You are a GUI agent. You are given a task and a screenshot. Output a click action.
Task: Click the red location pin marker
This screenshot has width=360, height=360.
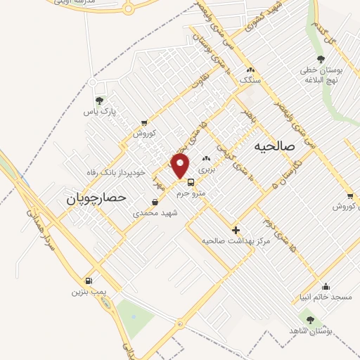181,165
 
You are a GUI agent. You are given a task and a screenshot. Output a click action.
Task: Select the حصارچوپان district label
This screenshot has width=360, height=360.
96,198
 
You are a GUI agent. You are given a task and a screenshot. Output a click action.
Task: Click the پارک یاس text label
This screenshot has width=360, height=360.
99,111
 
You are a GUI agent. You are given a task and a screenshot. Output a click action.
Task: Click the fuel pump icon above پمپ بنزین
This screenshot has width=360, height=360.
87,280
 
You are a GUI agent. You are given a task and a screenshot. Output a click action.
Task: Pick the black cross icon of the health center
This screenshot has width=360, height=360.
236,230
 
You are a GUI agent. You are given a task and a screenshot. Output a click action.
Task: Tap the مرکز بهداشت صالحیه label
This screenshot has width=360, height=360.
236,240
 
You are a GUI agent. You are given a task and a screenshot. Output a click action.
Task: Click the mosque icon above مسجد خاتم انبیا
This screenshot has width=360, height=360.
326,286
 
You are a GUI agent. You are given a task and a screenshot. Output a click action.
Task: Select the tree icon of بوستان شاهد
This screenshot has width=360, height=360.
310,320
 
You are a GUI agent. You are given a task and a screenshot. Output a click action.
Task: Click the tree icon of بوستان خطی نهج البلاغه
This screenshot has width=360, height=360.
321,60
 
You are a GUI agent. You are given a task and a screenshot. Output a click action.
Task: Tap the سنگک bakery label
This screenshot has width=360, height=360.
251,81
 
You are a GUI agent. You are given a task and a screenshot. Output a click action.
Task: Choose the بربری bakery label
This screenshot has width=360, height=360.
206,169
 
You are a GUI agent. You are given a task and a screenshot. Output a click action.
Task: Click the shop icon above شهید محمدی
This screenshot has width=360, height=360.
155,202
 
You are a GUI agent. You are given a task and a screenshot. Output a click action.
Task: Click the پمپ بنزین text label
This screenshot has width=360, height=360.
87,291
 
